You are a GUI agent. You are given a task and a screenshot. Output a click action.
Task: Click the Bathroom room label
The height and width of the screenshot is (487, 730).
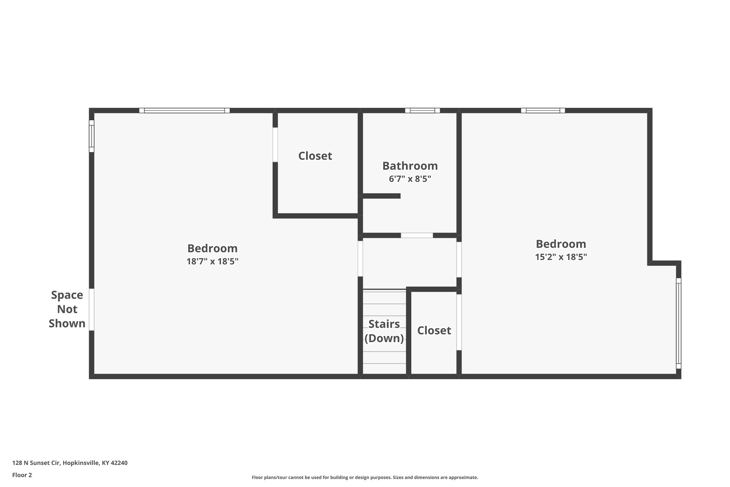[x=410, y=166]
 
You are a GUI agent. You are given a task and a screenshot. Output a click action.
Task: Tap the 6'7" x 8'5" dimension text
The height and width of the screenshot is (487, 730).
[x=410, y=179]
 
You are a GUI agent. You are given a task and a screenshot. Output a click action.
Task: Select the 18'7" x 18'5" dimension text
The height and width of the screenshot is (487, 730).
[x=212, y=262]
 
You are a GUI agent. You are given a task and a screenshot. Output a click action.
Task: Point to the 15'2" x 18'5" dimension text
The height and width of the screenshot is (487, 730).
[x=561, y=257]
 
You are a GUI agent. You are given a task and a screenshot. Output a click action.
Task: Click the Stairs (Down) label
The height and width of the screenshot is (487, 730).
[x=384, y=331]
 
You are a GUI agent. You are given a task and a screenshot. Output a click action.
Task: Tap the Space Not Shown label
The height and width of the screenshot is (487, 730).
[x=67, y=309]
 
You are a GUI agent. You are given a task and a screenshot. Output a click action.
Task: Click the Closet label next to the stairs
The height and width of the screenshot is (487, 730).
[x=434, y=331]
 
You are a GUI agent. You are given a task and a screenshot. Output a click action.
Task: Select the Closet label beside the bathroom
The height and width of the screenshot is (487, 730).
[x=315, y=156]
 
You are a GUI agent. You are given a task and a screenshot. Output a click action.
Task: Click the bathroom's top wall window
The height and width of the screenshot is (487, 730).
[x=422, y=111]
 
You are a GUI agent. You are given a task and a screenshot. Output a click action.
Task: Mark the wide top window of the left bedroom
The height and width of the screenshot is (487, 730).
[x=184, y=111]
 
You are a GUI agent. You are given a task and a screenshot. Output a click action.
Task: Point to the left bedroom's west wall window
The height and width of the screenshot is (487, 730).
[x=92, y=136]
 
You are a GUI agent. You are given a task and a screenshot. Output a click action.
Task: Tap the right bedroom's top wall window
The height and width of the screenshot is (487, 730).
[x=543, y=111]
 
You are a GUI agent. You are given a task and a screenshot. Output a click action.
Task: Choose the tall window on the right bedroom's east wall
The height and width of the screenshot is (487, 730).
[x=678, y=323]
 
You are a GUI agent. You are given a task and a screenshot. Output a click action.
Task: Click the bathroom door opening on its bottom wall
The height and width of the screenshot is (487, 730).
[x=417, y=235]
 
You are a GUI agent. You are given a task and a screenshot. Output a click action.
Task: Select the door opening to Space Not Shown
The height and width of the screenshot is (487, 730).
[x=92, y=309]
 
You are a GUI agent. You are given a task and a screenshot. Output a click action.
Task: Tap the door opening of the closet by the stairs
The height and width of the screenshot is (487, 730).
[x=459, y=322]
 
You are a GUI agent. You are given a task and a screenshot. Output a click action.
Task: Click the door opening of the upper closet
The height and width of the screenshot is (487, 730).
[x=275, y=144]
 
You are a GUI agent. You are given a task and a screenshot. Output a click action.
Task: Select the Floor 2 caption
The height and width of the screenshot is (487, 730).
[x=22, y=475]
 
